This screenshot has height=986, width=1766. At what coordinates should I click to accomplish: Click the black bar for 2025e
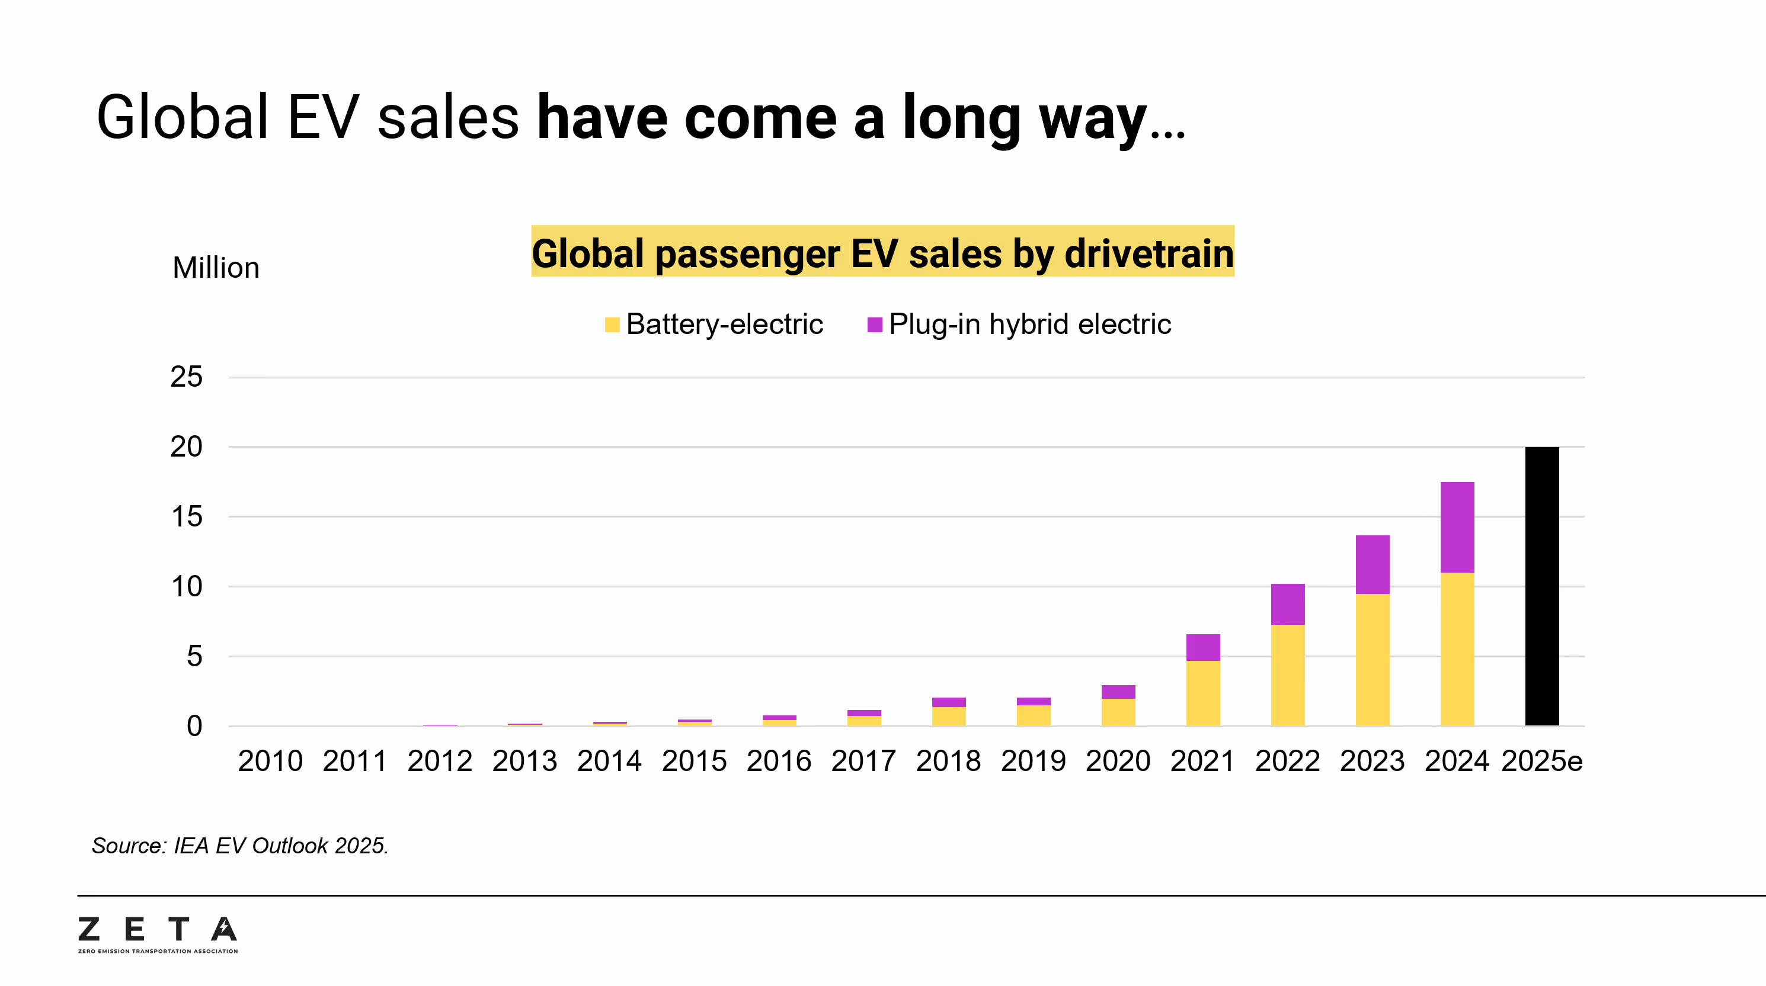point(1541,586)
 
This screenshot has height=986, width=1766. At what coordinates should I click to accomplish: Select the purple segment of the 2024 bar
point(1457,527)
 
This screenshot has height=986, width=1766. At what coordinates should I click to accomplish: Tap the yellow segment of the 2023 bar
point(1372,659)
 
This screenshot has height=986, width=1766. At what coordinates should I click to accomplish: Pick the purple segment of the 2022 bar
point(1288,603)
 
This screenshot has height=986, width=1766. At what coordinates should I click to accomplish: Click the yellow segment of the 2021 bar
point(1202,693)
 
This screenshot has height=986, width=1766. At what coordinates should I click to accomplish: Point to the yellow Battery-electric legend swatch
point(612,324)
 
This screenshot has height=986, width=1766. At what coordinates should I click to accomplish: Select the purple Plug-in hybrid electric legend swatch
point(874,324)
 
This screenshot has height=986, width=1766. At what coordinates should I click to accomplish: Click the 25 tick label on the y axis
point(186,377)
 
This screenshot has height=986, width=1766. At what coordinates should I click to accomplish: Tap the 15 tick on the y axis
point(187,516)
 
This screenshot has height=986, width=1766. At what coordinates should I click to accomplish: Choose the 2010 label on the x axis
point(270,761)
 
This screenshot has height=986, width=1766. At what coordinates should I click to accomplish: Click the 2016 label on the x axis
point(779,761)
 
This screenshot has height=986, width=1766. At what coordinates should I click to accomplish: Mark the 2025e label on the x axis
point(1541,761)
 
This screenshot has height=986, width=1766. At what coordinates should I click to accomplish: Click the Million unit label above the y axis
point(216,268)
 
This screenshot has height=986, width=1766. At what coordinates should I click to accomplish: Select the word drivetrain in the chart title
point(1149,253)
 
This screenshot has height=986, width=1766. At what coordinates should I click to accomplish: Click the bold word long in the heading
point(961,118)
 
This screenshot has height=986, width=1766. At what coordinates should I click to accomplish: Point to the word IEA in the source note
point(191,846)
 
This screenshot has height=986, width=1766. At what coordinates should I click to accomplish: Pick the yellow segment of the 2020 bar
point(1118,712)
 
